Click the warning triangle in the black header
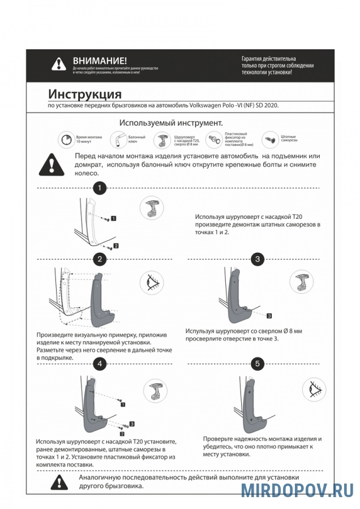click(x=58, y=64)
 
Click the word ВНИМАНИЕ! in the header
click(x=100, y=61)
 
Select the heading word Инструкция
click(x=85, y=94)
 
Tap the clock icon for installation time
click(x=66, y=139)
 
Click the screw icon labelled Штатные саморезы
click(x=269, y=139)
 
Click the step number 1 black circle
click(x=100, y=188)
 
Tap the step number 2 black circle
click(x=100, y=259)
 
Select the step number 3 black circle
click(x=258, y=259)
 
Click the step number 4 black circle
click(x=100, y=364)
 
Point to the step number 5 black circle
click(x=258, y=364)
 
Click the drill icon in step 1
click(x=152, y=209)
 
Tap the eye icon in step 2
click(x=152, y=281)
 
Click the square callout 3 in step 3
click(x=269, y=315)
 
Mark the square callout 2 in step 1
click(x=116, y=246)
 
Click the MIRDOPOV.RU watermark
click(x=297, y=490)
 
